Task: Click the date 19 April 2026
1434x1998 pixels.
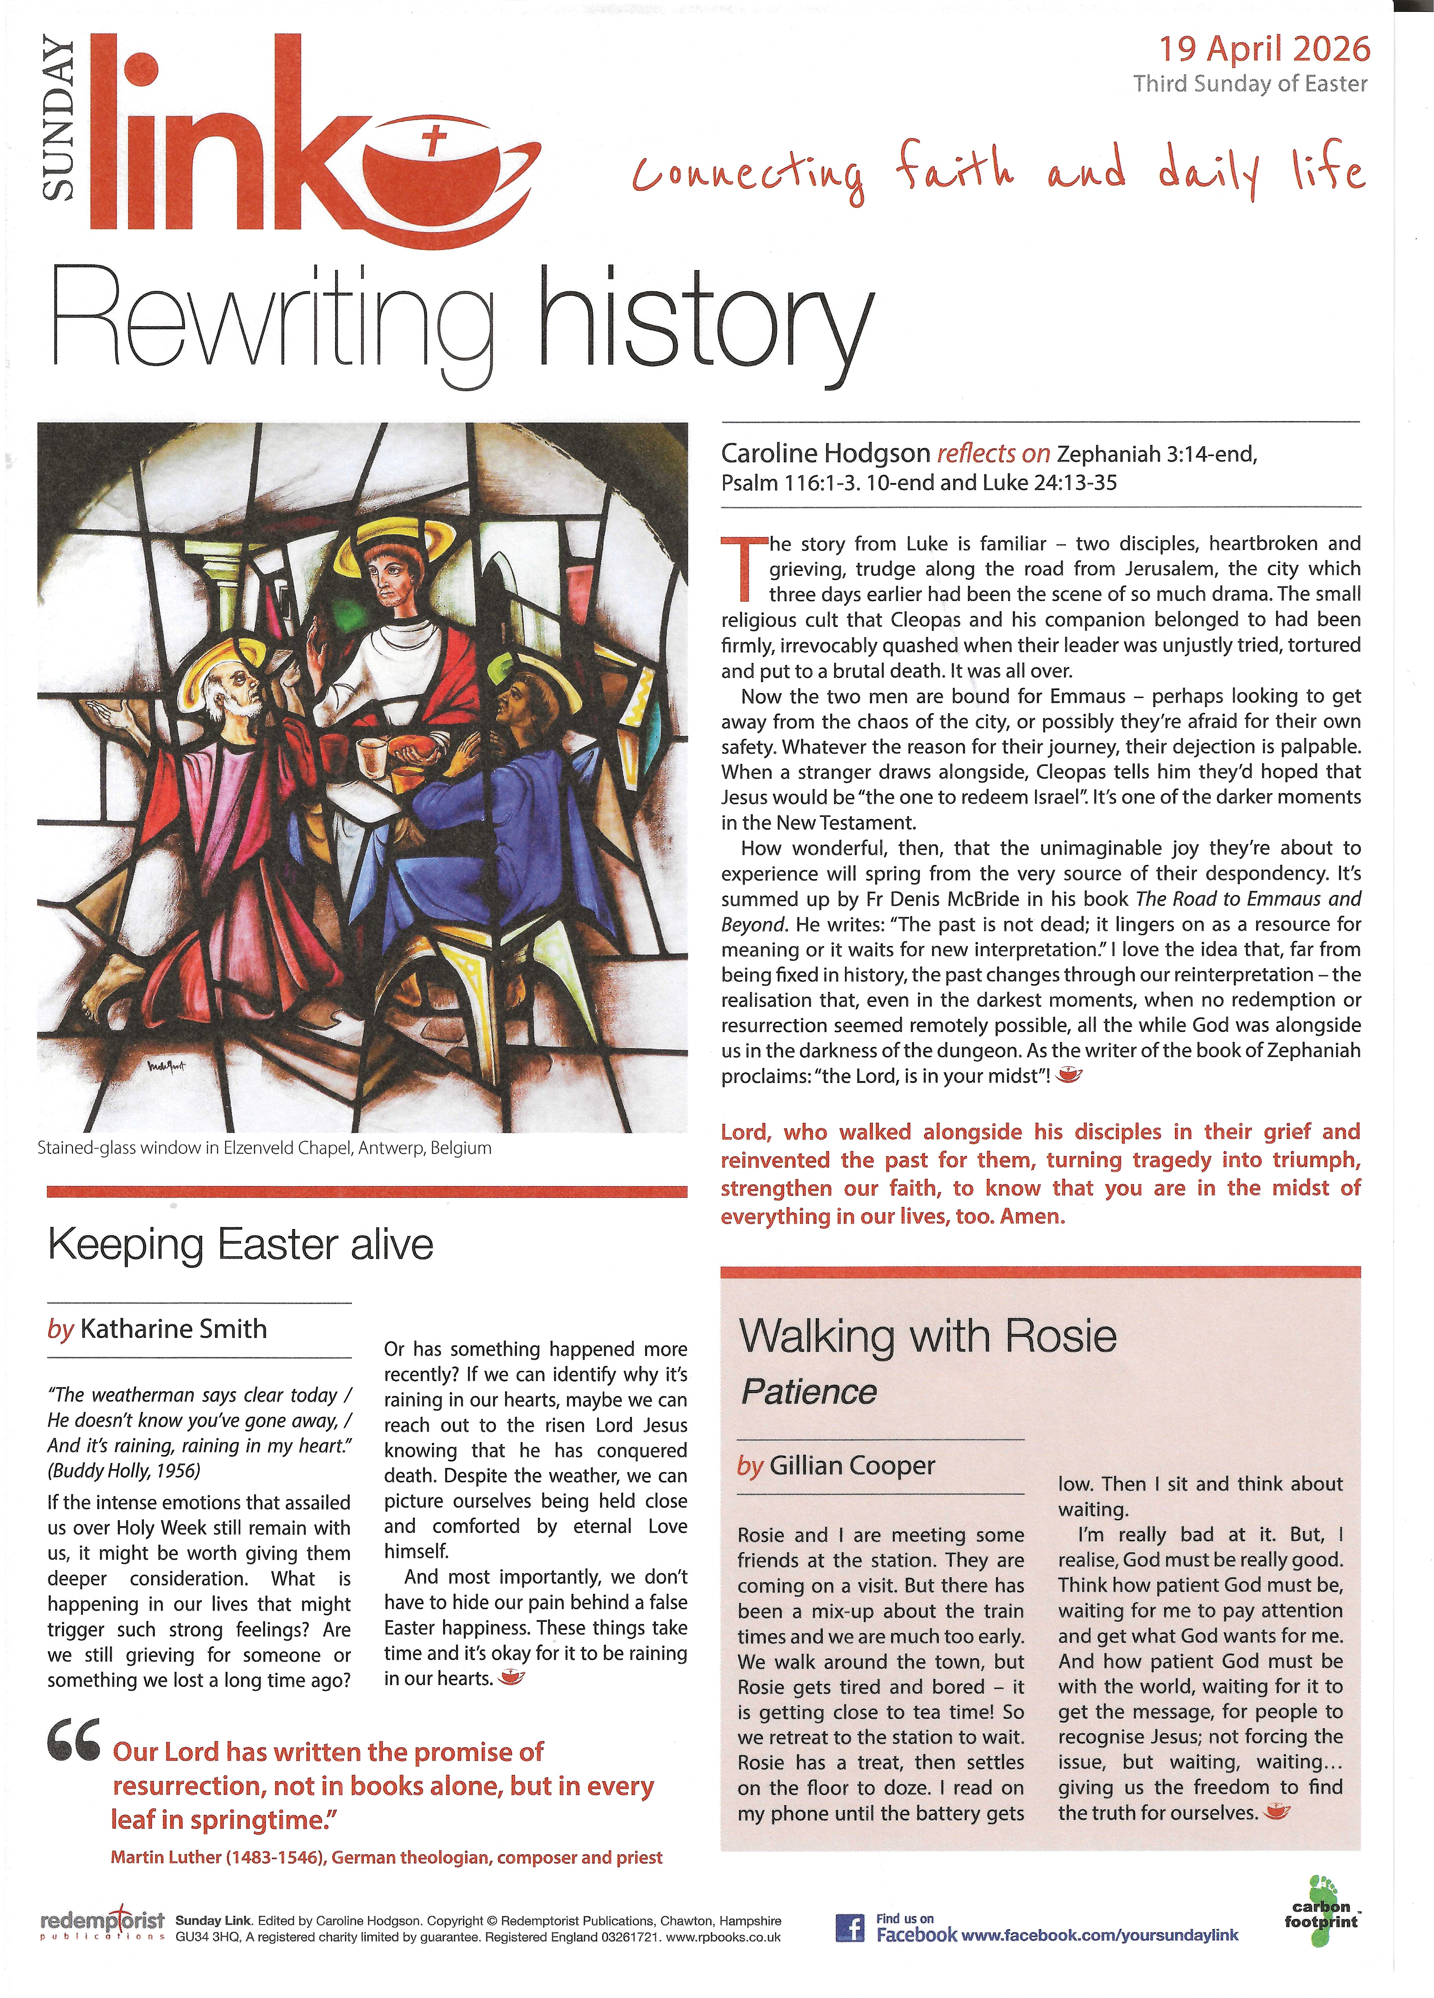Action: (x=1264, y=49)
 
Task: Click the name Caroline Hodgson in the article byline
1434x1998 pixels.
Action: (x=825, y=454)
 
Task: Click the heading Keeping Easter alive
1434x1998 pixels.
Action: (x=240, y=1245)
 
